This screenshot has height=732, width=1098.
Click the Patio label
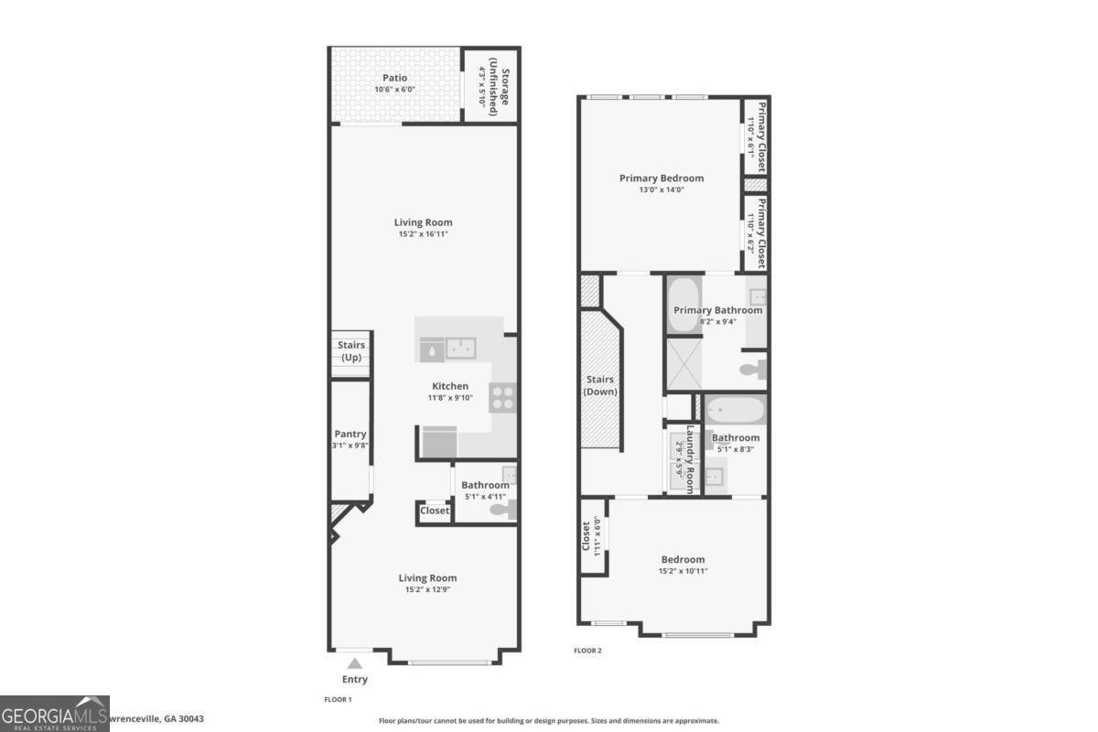[x=395, y=78]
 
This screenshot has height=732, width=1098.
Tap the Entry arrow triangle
[x=355, y=663]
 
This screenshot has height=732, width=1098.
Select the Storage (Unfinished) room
[x=489, y=85]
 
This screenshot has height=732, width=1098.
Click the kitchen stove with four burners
[x=502, y=397]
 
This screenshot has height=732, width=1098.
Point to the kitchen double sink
[x=460, y=348]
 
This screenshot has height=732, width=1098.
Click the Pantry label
[x=350, y=435]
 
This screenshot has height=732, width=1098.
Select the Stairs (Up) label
[x=352, y=351]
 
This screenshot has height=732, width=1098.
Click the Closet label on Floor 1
[x=435, y=511]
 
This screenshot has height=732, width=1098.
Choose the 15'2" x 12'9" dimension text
[x=427, y=589]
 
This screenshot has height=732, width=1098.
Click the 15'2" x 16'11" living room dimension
[x=423, y=234]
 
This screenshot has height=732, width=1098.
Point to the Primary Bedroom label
[x=662, y=178]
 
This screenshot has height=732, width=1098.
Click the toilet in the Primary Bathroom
[x=753, y=370]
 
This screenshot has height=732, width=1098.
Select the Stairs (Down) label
[x=600, y=385]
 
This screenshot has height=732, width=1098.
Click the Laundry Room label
[x=692, y=457]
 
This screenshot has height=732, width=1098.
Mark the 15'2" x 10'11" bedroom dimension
[x=683, y=571]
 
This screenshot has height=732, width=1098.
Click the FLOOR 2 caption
[x=587, y=651]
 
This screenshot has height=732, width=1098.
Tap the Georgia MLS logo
[x=55, y=714]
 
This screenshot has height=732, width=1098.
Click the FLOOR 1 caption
[x=338, y=699]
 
